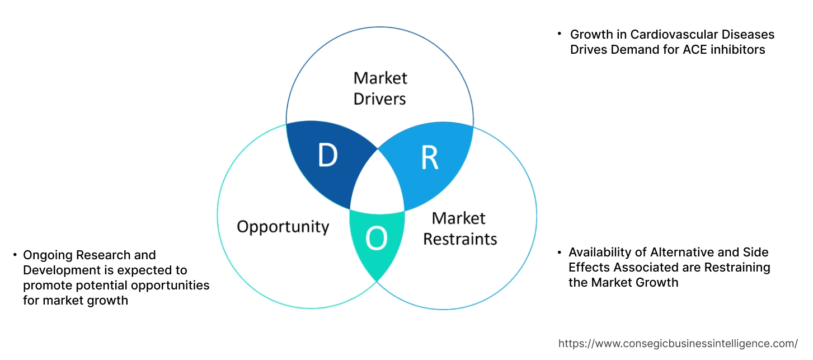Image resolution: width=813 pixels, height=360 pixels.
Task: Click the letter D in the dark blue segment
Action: point(327,156)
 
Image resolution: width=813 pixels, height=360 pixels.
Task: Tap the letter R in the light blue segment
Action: point(429,158)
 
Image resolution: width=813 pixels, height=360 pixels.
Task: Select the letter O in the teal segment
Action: point(376,239)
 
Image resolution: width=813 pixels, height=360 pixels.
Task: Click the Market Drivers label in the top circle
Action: point(380,88)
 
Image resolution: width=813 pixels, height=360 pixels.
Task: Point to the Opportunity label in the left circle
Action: point(283,227)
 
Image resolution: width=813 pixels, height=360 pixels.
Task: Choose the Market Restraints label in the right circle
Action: point(459,228)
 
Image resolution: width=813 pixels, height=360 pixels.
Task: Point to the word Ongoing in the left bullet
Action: point(47,255)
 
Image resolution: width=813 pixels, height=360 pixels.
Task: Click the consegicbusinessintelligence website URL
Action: point(678,344)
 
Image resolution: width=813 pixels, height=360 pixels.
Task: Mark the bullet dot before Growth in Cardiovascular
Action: point(560,34)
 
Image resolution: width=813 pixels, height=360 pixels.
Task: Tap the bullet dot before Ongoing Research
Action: point(15,255)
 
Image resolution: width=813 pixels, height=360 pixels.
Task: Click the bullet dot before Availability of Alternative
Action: point(560,253)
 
